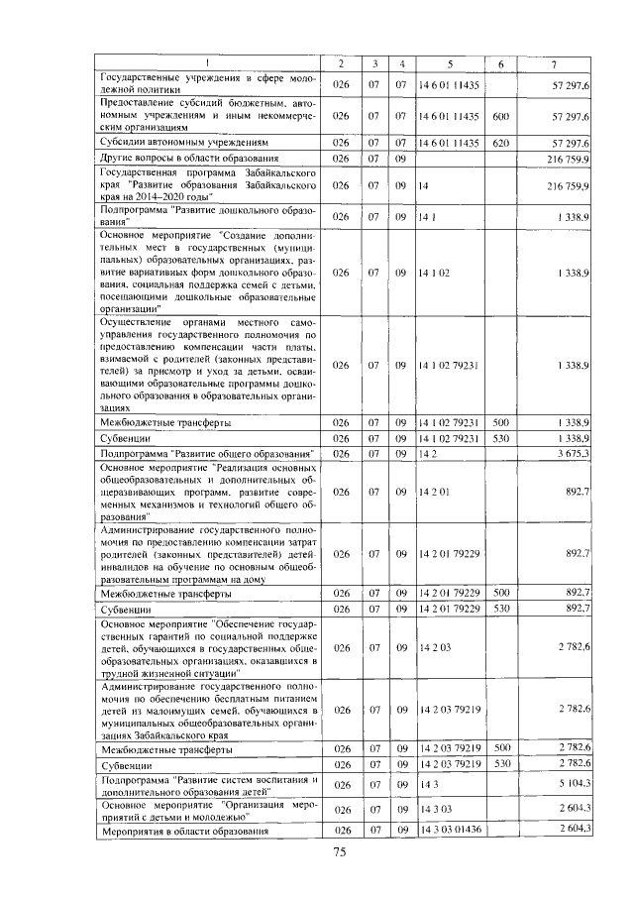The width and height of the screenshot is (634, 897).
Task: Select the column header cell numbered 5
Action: tap(449, 65)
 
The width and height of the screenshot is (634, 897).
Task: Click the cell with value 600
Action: tap(500, 116)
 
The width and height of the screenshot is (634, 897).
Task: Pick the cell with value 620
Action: tap(500, 143)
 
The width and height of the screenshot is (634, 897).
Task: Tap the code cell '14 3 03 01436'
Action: tap(449, 829)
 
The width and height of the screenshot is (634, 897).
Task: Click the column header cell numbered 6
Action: tap(500, 65)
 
